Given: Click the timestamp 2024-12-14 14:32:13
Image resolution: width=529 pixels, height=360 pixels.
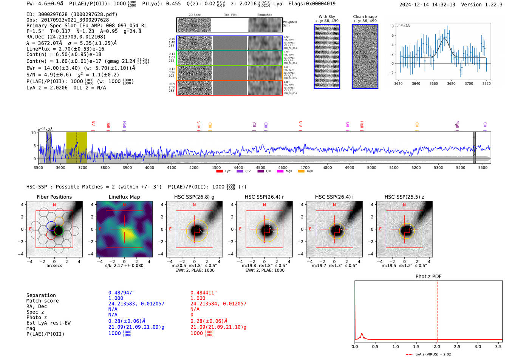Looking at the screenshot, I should (427, 5).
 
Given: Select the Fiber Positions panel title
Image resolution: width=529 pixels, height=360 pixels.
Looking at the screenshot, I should (54, 197).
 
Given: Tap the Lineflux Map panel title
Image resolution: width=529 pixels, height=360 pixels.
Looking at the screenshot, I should (124, 197).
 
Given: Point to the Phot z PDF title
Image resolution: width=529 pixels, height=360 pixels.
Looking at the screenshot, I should (428, 276).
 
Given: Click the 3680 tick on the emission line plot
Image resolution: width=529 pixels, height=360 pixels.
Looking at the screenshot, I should (451, 83).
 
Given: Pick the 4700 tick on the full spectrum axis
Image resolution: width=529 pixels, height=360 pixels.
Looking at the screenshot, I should (305, 167).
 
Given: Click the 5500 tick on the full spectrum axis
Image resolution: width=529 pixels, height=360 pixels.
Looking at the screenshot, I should (483, 167).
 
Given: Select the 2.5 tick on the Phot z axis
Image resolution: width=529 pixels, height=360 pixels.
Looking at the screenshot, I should (457, 346).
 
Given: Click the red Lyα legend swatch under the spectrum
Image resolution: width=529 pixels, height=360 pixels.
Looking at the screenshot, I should (220, 172).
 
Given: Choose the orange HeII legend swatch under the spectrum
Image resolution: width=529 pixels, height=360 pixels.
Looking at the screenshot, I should (301, 172).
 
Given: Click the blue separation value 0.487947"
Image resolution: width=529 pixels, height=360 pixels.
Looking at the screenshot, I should (121, 293).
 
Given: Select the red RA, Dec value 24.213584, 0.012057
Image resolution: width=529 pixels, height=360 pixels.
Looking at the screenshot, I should (218, 304).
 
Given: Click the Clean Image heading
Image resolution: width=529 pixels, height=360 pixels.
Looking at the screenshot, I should (365, 17).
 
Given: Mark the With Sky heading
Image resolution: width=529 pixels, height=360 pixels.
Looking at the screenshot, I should (326, 17).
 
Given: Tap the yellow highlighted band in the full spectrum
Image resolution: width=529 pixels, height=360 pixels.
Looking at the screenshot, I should (76, 147).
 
